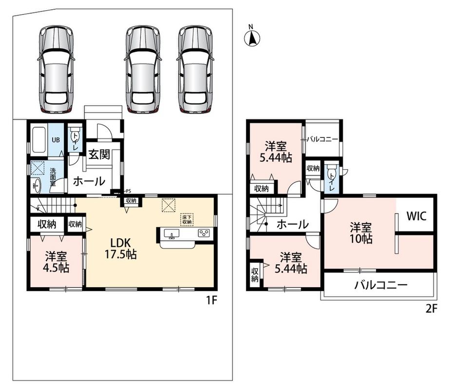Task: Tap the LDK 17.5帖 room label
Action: (x=120, y=248)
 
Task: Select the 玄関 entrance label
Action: (x=99, y=154)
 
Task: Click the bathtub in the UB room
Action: (x=39, y=140)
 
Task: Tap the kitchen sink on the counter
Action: (x=171, y=233)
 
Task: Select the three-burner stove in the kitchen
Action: (x=204, y=233)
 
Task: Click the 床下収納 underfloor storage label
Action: (x=187, y=219)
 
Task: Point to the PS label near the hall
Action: (x=128, y=191)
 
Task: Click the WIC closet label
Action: (x=417, y=216)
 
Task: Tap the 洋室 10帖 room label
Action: (x=361, y=233)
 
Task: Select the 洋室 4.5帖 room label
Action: (x=56, y=262)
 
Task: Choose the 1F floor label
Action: (x=211, y=300)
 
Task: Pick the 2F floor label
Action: (x=431, y=309)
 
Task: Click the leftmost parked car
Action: (x=56, y=70)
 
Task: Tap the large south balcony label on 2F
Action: (x=381, y=285)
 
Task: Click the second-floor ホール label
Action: (x=292, y=224)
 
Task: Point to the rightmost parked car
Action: (x=195, y=70)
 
